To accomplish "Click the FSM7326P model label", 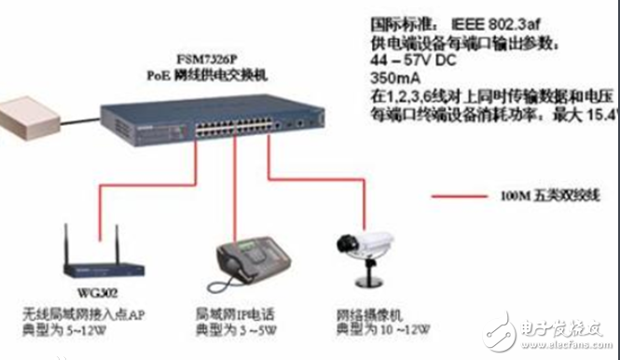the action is [214, 59].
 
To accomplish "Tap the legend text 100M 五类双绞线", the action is [544, 198].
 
